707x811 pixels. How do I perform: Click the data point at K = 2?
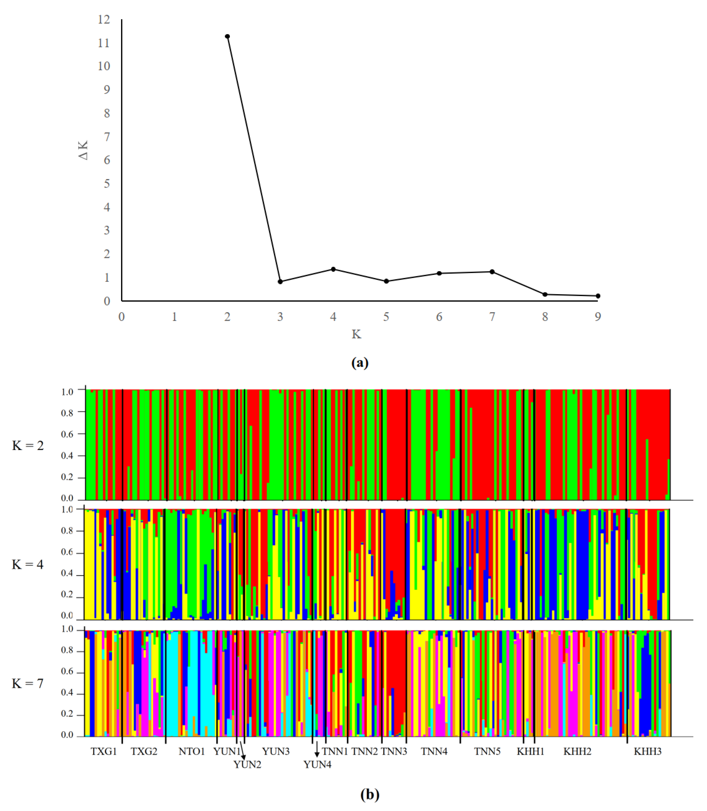coord(227,36)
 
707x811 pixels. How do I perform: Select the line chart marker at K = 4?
coord(333,269)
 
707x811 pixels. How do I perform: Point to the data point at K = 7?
coord(492,272)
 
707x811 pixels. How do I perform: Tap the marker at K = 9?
coord(598,296)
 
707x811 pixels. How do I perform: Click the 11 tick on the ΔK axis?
coord(104,43)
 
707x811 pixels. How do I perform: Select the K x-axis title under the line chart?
coord(356,334)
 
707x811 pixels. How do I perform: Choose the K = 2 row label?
coord(28,445)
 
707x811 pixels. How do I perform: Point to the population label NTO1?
coord(192,751)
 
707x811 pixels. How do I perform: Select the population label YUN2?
coord(247,765)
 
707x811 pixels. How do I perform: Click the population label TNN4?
coord(434,751)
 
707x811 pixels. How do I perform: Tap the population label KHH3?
coord(647,751)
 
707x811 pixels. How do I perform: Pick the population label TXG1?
coord(104,751)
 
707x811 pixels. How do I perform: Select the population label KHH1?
coord(531,751)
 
